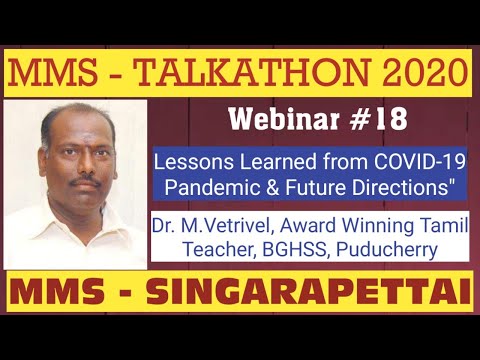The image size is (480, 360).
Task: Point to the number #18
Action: tap(380, 121)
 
